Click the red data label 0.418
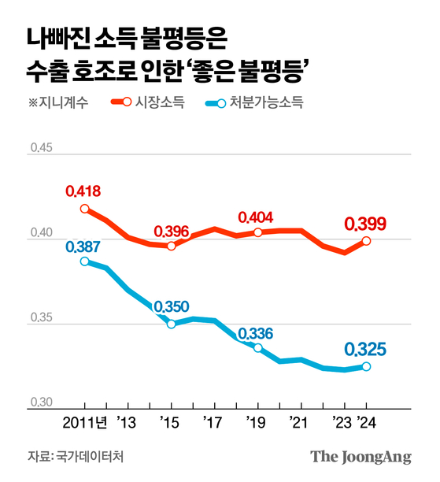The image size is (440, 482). point(83,191)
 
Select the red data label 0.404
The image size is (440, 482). point(257,217)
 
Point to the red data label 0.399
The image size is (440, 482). point(365,224)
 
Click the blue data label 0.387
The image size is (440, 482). point(83,247)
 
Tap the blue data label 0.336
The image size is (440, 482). point(256,333)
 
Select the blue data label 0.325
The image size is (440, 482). point(365,349)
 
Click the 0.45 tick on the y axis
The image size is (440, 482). point(39,147)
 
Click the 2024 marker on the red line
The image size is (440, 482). point(367,241)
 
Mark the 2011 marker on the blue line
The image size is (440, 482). point(84,261)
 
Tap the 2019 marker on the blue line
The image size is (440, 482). point(257,347)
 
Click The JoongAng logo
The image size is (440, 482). point(361,457)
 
